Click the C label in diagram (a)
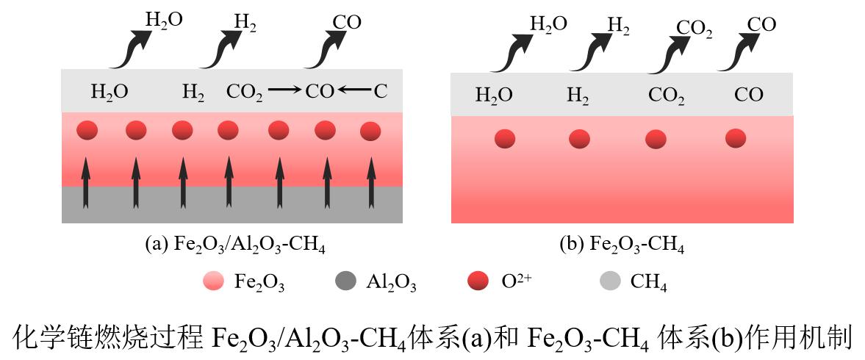pos(380,92)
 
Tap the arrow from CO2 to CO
pos(284,90)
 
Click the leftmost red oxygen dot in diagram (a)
pos(87,131)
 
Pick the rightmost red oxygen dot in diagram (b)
pos(736,137)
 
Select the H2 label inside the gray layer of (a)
pos(193,93)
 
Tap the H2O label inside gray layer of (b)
pos(494,96)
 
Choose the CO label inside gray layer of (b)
pos(749,95)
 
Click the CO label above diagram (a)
pos(347,22)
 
